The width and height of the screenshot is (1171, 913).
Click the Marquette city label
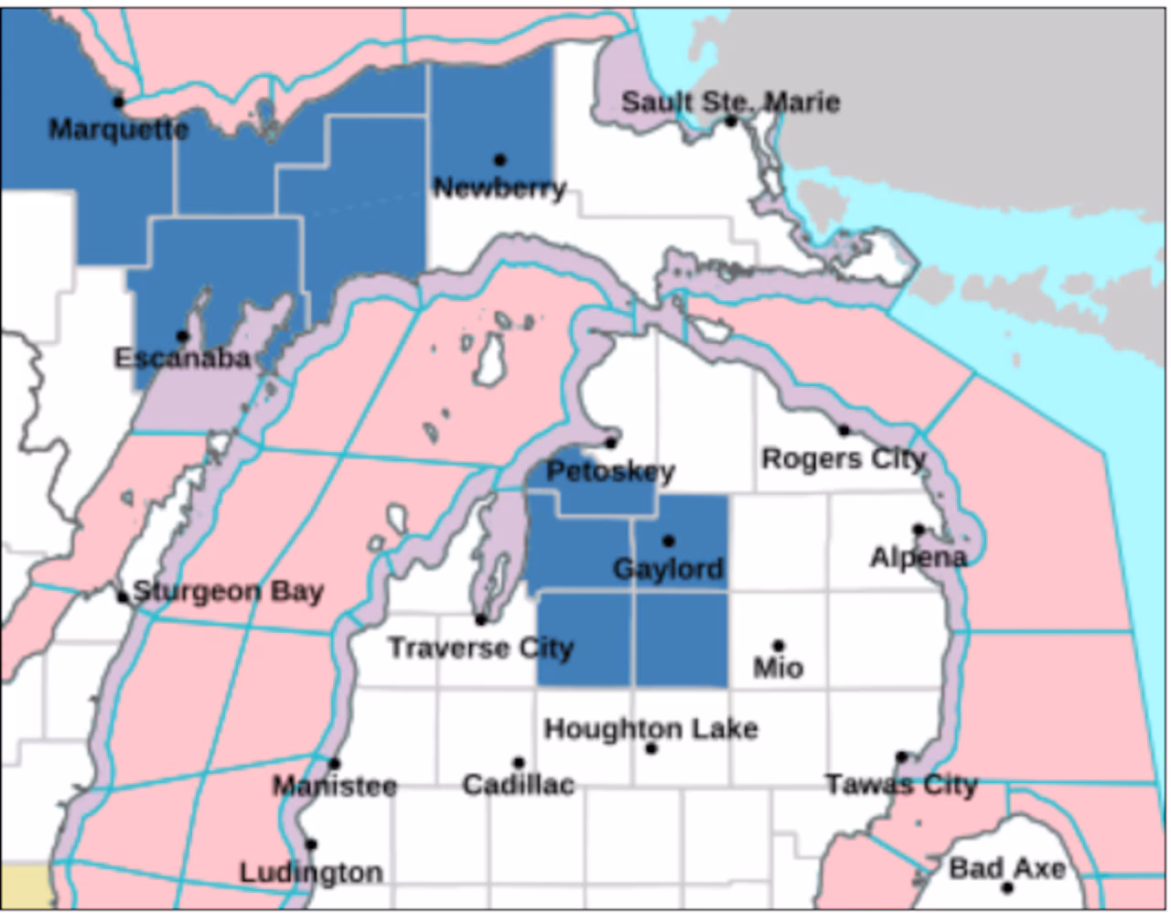pos(118,129)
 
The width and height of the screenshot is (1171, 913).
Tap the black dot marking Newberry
pos(500,160)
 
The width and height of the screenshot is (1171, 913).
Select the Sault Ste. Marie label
pos(730,102)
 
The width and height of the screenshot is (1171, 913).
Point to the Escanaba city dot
pos(182,336)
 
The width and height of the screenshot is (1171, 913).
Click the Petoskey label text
pos(610,472)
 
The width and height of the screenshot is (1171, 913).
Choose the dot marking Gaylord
pos(668,541)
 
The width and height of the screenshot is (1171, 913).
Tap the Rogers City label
pos(843,457)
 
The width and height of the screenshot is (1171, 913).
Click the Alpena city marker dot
pos(918,529)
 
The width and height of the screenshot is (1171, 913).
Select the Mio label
pos(778,669)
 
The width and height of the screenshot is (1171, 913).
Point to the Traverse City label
pos(480,649)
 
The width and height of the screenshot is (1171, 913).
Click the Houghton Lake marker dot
pos(651,748)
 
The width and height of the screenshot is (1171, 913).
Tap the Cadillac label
pos(518,785)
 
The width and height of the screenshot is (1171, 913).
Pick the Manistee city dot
pos(335,763)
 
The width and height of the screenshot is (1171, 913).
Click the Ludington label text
pos(311,873)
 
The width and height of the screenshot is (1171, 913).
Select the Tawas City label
pos(901,785)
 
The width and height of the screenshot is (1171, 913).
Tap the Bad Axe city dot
pos(1007,887)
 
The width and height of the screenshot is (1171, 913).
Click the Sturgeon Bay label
pos(228,592)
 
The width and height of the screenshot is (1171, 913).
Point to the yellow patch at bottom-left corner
pos(23,886)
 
